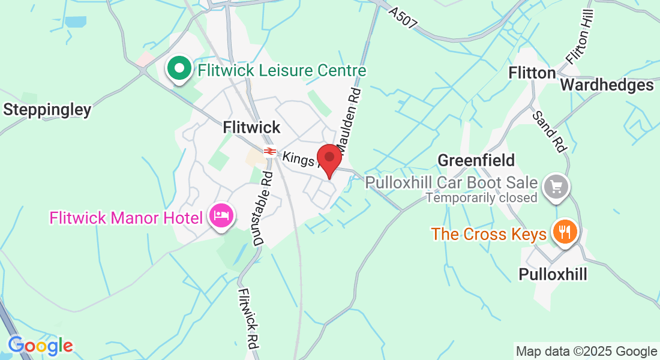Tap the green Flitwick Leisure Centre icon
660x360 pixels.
[179, 69]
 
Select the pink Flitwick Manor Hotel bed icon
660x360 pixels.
[221, 217]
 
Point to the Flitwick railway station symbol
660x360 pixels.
[269, 151]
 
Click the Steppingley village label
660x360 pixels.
[47, 110]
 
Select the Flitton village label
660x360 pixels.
[532, 73]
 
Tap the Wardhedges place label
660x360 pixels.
[607, 85]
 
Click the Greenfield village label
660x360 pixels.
[476, 160]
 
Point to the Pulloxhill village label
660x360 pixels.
[553, 274]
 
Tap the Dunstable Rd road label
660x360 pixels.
[263, 208]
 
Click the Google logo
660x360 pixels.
[40, 346]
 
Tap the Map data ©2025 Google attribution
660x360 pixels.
[587, 352]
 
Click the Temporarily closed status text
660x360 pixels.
[482, 197]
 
